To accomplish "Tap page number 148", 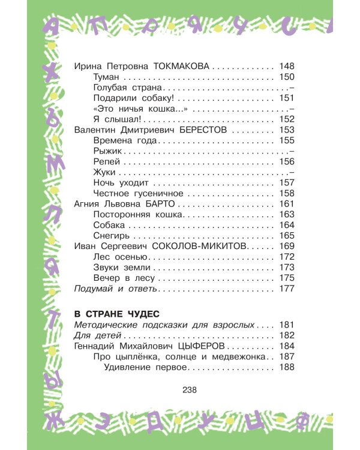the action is (x=287, y=67).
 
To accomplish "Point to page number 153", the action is (x=287, y=130).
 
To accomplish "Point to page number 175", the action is (x=287, y=279).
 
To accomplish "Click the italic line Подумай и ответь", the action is (x=115, y=289).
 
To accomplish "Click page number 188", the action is (x=287, y=368).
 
